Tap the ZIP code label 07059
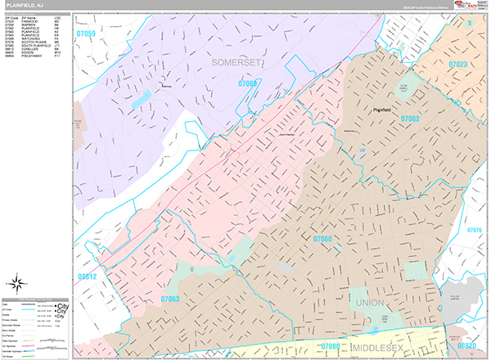(x=86, y=34)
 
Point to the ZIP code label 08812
(x=86, y=277)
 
